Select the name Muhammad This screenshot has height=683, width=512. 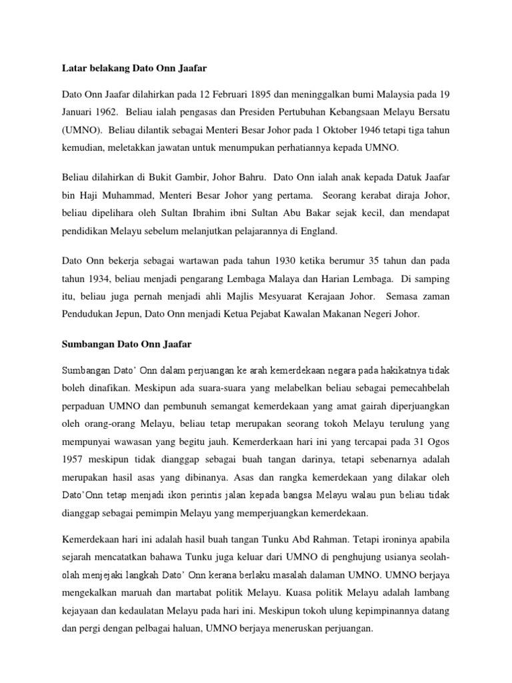pyautogui.click(x=125, y=196)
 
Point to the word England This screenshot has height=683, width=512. pyautogui.click(x=319, y=231)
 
